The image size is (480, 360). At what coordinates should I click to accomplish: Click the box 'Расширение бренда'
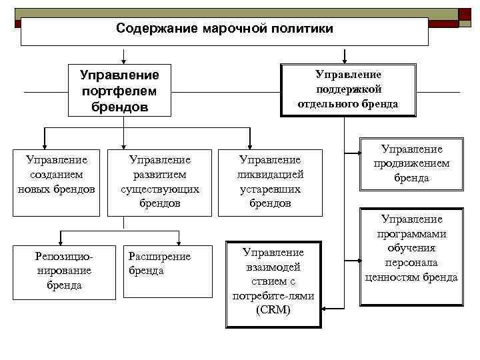coord(159,270)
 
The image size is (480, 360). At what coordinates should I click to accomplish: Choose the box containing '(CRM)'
coord(273,283)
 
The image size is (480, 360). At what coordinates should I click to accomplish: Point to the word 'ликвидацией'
coord(270,175)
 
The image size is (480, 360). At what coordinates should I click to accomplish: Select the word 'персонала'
coord(411,263)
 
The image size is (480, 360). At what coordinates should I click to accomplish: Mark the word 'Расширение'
coord(159,257)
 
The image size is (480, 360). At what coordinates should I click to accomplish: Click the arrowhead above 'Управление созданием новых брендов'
coord(44,142)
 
